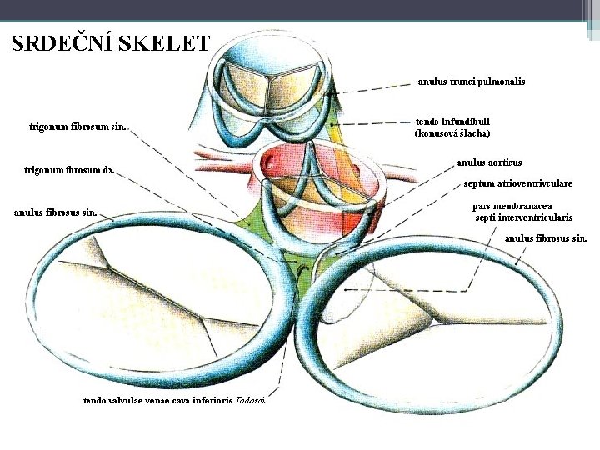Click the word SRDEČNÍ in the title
(61, 43)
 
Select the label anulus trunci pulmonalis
(471, 82)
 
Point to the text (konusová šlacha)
(452, 132)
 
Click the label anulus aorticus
(489, 162)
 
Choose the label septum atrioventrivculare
(518, 182)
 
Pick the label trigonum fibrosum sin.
(77, 127)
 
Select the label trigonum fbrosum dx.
(69, 170)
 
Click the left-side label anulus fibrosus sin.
(55, 212)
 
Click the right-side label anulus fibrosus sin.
(546, 237)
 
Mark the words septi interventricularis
(523, 217)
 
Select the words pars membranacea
(511, 205)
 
